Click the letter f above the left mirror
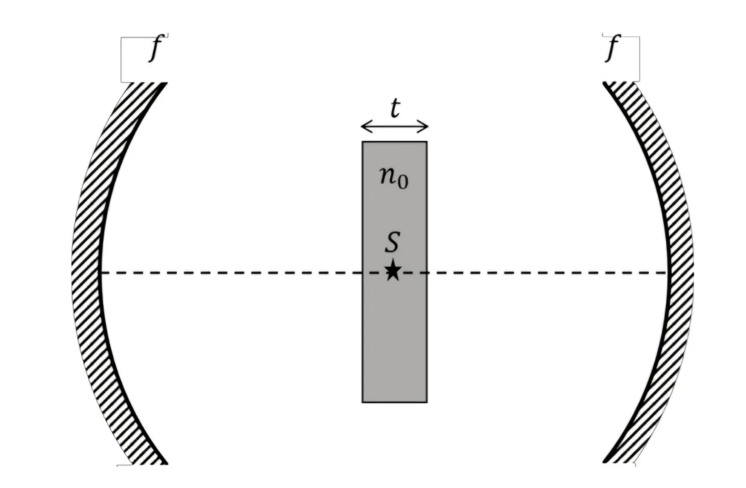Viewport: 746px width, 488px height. (155, 48)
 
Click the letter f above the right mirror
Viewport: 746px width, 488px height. (612, 48)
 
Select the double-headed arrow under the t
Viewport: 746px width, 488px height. (394, 126)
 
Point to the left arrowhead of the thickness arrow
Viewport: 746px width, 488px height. (364, 126)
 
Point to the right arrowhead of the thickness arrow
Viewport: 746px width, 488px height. (425, 126)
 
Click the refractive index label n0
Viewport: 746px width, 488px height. (394, 178)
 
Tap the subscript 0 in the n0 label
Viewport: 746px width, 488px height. (403, 183)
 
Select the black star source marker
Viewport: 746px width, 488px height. (393, 269)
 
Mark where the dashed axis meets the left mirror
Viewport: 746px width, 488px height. (101, 273)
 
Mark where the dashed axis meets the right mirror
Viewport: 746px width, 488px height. (668, 273)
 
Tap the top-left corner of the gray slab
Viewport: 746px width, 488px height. (362, 142)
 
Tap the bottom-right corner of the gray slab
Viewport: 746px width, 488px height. (427, 402)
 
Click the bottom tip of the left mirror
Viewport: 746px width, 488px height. (166, 464)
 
